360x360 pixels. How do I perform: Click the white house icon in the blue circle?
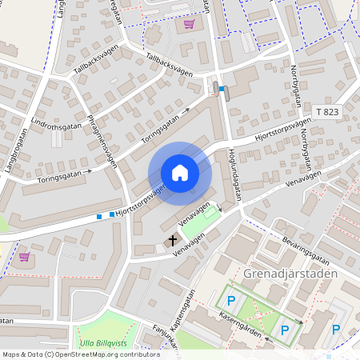click(x=180, y=173)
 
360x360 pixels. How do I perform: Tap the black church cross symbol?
click(x=172, y=240)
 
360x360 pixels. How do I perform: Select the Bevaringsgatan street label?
click(x=301, y=252)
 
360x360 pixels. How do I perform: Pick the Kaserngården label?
click(x=239, y=328)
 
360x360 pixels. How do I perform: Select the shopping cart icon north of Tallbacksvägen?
click(x=189, y=24)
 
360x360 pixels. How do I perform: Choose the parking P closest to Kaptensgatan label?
click(x=230, y=301)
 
